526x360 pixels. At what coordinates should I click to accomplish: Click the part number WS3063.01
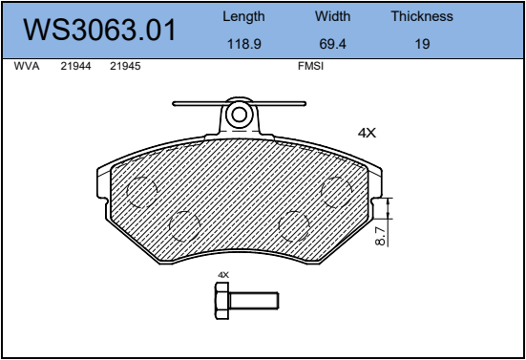(99, 30)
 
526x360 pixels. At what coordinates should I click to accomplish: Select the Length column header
(243, 17)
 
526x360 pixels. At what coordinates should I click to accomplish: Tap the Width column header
(332, 16)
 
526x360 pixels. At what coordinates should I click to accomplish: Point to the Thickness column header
(422, 16)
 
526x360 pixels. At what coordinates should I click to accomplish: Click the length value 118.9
(243, 44)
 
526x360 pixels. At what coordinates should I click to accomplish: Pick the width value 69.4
(332, 44)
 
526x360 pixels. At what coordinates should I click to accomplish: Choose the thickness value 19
(422, 44)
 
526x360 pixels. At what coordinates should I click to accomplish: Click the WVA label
(27, 66)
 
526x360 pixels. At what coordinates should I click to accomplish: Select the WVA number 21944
(75, 66)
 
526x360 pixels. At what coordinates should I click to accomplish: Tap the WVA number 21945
(125, 66)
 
